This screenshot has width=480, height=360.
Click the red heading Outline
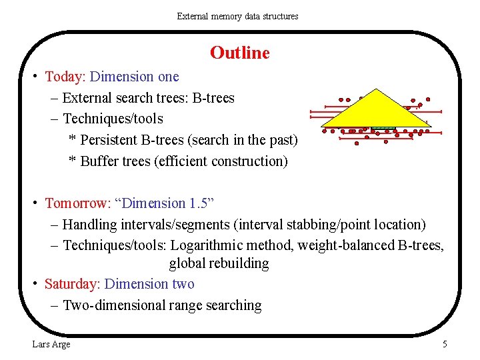tap(239, 53)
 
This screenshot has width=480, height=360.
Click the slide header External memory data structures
tap(237, 16)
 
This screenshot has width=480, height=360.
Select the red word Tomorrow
tap(73, 203)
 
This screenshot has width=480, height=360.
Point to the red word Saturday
tap(71, 284)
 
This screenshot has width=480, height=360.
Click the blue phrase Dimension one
tap(134, 77)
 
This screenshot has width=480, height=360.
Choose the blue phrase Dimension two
tap(149, 284)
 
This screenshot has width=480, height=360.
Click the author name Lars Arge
tap(51, 344)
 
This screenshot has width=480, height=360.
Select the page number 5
tap(445, 344)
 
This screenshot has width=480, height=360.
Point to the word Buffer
tap(99, 161)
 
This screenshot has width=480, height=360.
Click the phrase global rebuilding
tap(219, 263)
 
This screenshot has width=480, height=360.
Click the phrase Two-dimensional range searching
tap(162, 305)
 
